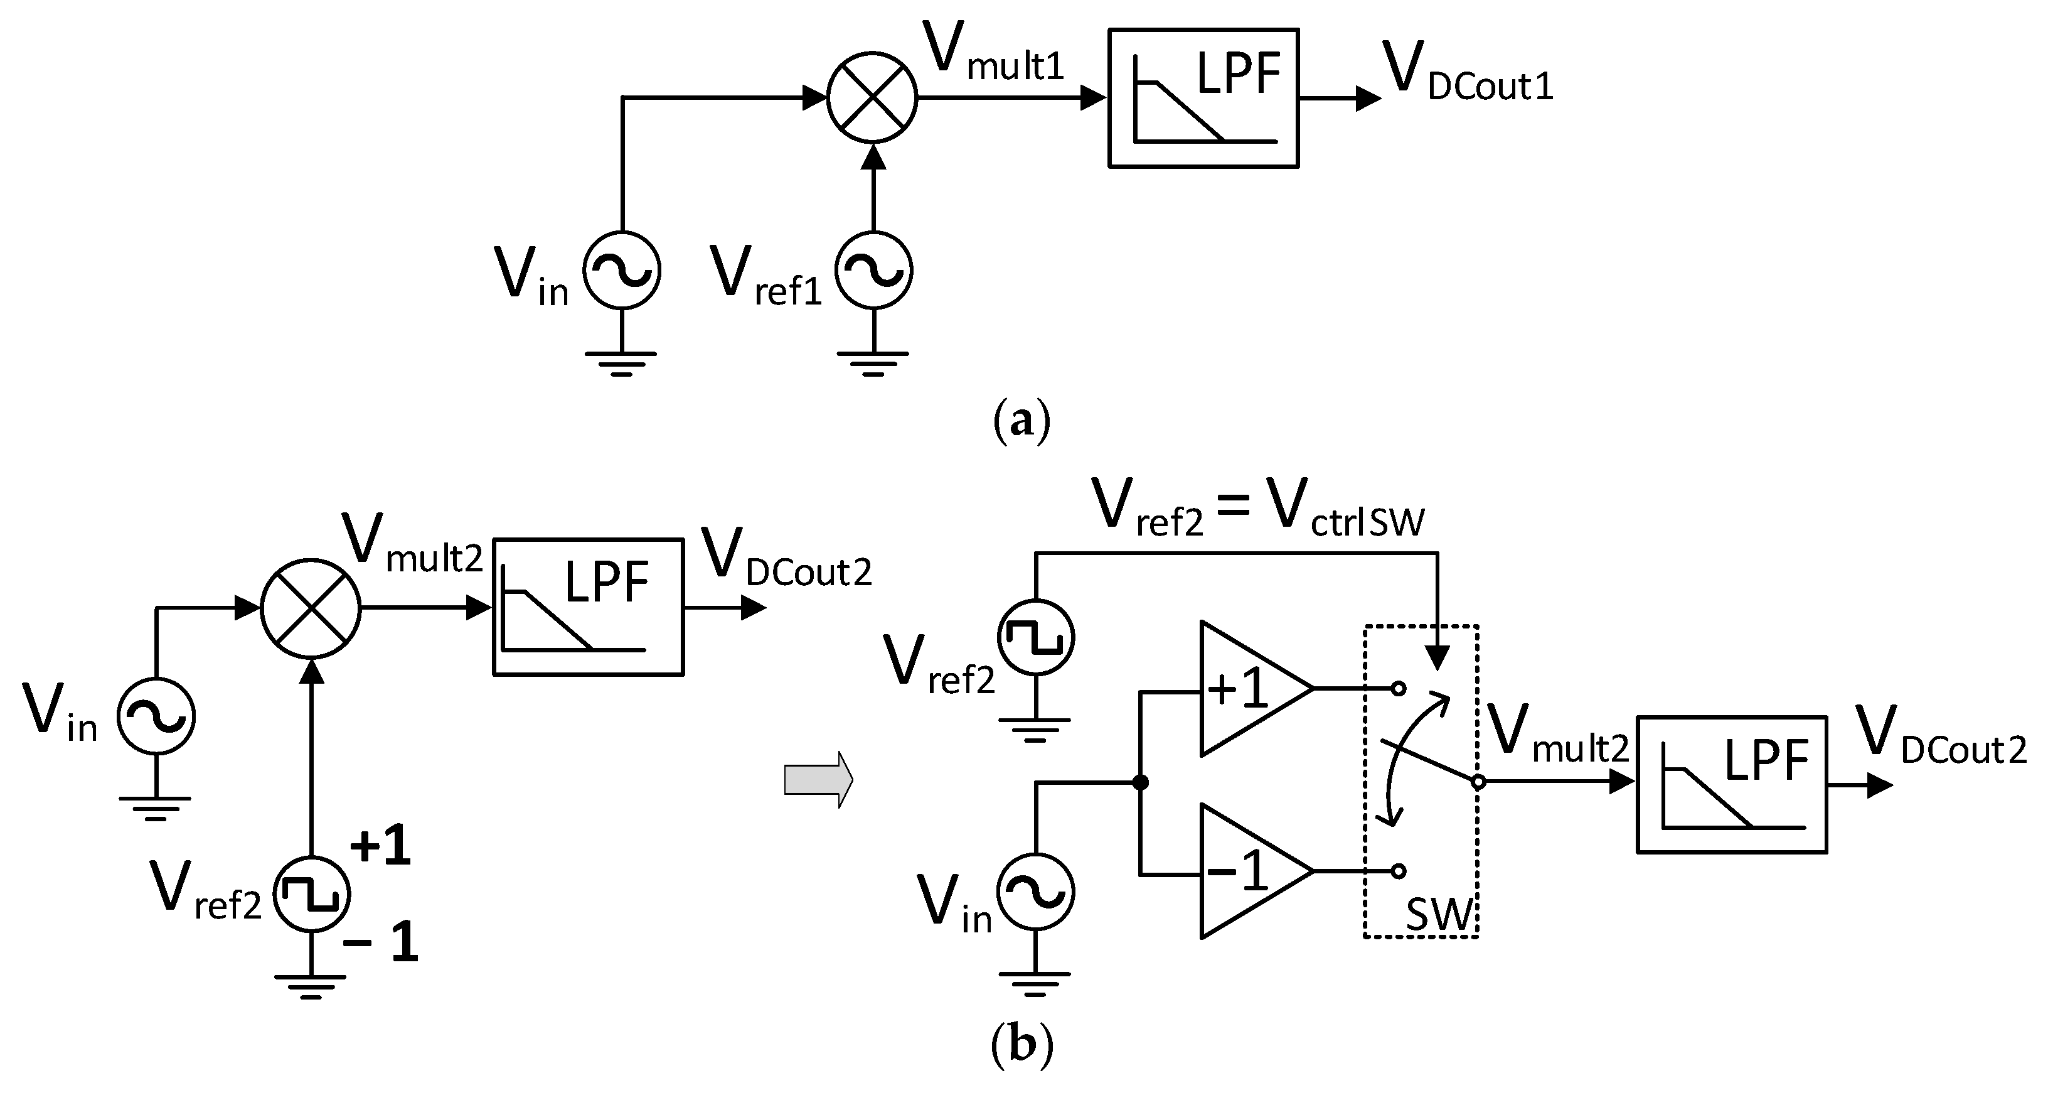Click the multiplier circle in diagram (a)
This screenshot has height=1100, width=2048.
[872, 98]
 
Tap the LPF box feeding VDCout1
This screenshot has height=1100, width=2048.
[1203, 98]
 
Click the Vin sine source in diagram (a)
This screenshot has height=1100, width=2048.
[622, 271]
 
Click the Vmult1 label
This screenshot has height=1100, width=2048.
[994, 56]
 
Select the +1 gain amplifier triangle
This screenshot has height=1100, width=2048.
[1248, 689]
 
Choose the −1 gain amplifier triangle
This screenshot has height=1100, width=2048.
[1248, 871]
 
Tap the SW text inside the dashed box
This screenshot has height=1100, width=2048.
[1439, 915]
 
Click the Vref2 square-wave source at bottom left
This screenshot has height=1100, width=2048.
[312, 894]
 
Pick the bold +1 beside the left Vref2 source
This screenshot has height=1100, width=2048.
[380, 846]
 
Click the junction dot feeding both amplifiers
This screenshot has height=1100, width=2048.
[1140, 783]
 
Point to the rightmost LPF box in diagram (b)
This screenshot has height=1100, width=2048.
[1732, 784]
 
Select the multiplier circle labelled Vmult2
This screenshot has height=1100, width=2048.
[311, 608]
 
